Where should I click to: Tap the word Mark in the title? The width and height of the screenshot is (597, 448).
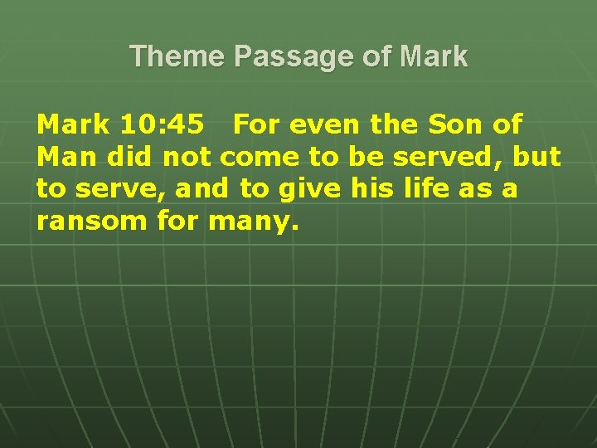coord(433,56)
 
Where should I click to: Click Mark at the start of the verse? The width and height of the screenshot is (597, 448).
coord(73,125)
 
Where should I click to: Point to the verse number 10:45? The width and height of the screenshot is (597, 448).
coord(162,125)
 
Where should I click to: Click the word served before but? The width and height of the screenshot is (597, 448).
coord(459,157)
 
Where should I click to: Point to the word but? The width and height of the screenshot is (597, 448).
coord(536,157)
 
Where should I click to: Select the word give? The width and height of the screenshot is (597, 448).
coord(310,189)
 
